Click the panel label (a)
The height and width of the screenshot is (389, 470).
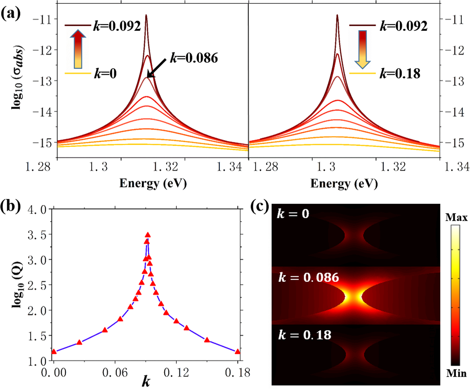[11, 14]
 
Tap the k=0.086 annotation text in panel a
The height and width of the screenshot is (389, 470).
[194, 58]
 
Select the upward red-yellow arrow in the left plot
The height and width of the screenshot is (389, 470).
[77, 49]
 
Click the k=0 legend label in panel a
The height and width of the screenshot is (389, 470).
[105, 74]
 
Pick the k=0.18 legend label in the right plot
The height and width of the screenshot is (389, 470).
[400, 74]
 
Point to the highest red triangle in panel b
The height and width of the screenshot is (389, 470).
[147, 235]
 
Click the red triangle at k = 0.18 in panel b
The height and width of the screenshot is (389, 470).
[238, 352]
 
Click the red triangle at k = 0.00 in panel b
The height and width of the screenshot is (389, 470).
[54, 351]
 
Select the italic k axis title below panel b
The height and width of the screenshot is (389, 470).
[146, 382]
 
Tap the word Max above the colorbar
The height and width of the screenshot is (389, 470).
[456, 218]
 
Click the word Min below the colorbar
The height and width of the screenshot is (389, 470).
[456, 374]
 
